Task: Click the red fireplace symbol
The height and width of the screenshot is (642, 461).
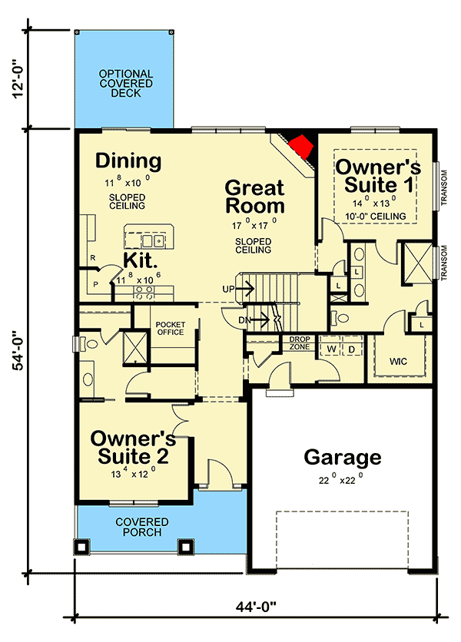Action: [x=303, y=145]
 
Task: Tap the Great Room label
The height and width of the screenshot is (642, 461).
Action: [x=254, y=197]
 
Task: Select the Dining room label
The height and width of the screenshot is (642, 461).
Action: [x=128, y=161]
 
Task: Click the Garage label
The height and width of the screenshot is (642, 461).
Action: [x=342, y=458]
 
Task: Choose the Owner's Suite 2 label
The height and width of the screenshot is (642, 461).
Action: [x=133, y=447]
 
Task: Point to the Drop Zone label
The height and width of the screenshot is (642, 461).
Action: [x=299, y=343]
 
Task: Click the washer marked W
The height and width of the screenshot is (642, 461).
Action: [x=332, y=349]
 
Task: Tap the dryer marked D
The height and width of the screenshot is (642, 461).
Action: [x=353, y=349]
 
